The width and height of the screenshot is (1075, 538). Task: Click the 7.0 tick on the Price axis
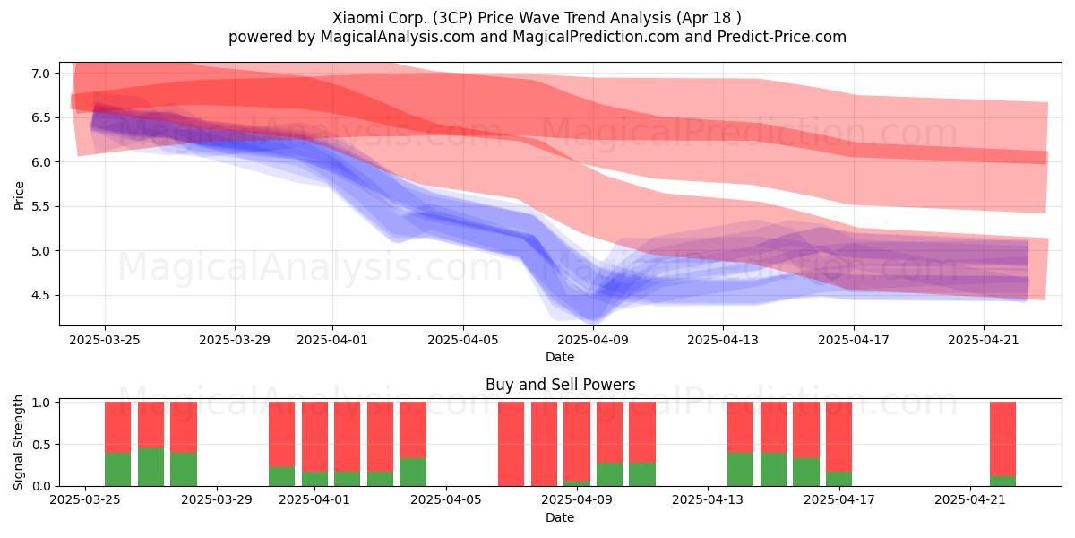(x=40, y=74)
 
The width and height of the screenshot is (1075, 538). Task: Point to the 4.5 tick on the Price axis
(x=40, y=295)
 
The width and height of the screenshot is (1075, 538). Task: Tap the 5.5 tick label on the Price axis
(x=40, y=206)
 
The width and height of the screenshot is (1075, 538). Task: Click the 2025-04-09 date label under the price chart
(x=593, y=340)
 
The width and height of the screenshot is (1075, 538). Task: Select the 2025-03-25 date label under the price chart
(x=105, y=340)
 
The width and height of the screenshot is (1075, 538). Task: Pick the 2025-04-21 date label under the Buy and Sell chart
(x=970, y=499)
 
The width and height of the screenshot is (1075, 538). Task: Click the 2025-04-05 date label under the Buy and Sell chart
(x=446, y=499)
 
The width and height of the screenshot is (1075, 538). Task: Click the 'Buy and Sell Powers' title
(x=560, y=385)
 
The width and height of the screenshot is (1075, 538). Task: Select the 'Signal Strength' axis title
(x=18, y=442)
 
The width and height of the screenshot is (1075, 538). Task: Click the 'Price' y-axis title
(x=19, y=195)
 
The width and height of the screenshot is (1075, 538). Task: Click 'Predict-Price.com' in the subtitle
(x=782, y=37)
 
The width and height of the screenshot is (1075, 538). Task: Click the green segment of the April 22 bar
(x=1003, y=481)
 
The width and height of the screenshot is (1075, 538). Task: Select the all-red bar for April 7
(x=512, y=444)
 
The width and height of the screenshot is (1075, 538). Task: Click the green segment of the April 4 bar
(x=413, y=473)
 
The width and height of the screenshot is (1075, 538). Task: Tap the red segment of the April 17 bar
(x=838, y=437)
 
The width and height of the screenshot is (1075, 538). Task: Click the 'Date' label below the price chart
(x=560, y=357)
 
